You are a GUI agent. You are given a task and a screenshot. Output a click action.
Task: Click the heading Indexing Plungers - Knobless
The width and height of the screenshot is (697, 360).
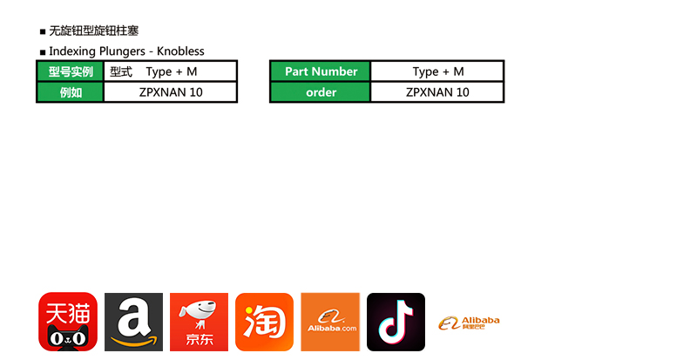click(x=126, y=51)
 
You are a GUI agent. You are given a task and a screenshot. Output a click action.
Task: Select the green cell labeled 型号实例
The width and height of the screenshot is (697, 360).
click(x=71, y=71)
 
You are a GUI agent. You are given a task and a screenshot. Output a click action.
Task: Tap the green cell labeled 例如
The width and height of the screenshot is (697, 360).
click(x=71, y=92)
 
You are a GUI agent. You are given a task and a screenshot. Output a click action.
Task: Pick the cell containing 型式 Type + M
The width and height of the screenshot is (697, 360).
click(x=170, y=71)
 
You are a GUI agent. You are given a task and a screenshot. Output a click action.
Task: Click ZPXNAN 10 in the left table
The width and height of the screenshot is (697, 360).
click(x=170, y=92)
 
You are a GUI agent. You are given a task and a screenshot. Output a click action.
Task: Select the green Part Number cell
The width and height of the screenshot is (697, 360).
click(x=321, y=71)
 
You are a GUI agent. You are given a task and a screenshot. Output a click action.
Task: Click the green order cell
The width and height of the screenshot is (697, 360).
click(x=321, y=92)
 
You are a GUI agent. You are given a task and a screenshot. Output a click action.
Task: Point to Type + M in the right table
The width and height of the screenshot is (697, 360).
click(x=437, y=71)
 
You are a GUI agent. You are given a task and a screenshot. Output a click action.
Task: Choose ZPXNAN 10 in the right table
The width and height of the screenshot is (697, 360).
click(x=437, y=92)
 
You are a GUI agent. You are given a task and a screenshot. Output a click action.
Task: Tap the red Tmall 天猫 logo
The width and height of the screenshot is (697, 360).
click(x=68, y=322)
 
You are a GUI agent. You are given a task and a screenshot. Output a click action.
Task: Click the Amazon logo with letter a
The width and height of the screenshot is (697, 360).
click(x=133, y=322)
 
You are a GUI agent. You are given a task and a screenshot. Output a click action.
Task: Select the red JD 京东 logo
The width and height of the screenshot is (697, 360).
click(x=199, y=322)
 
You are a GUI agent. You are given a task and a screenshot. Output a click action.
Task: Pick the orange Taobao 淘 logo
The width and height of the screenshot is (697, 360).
click(x=264, y=322)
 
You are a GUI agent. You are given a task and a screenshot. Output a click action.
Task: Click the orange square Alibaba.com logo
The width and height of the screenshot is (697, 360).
click(x=330, y=322)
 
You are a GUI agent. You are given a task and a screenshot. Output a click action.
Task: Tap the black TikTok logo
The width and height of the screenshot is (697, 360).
click(x=396, y=322)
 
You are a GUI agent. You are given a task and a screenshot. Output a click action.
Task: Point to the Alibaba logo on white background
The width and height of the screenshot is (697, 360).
click(x=469, y=323)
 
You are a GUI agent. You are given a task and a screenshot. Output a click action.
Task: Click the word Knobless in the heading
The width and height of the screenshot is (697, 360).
click(x=180, y=51)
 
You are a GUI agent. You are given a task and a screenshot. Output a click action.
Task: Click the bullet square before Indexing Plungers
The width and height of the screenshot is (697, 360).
click(x=43, y=52)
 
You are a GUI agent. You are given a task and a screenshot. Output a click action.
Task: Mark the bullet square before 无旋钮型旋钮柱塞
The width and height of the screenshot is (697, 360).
click(x=43, y=32)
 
